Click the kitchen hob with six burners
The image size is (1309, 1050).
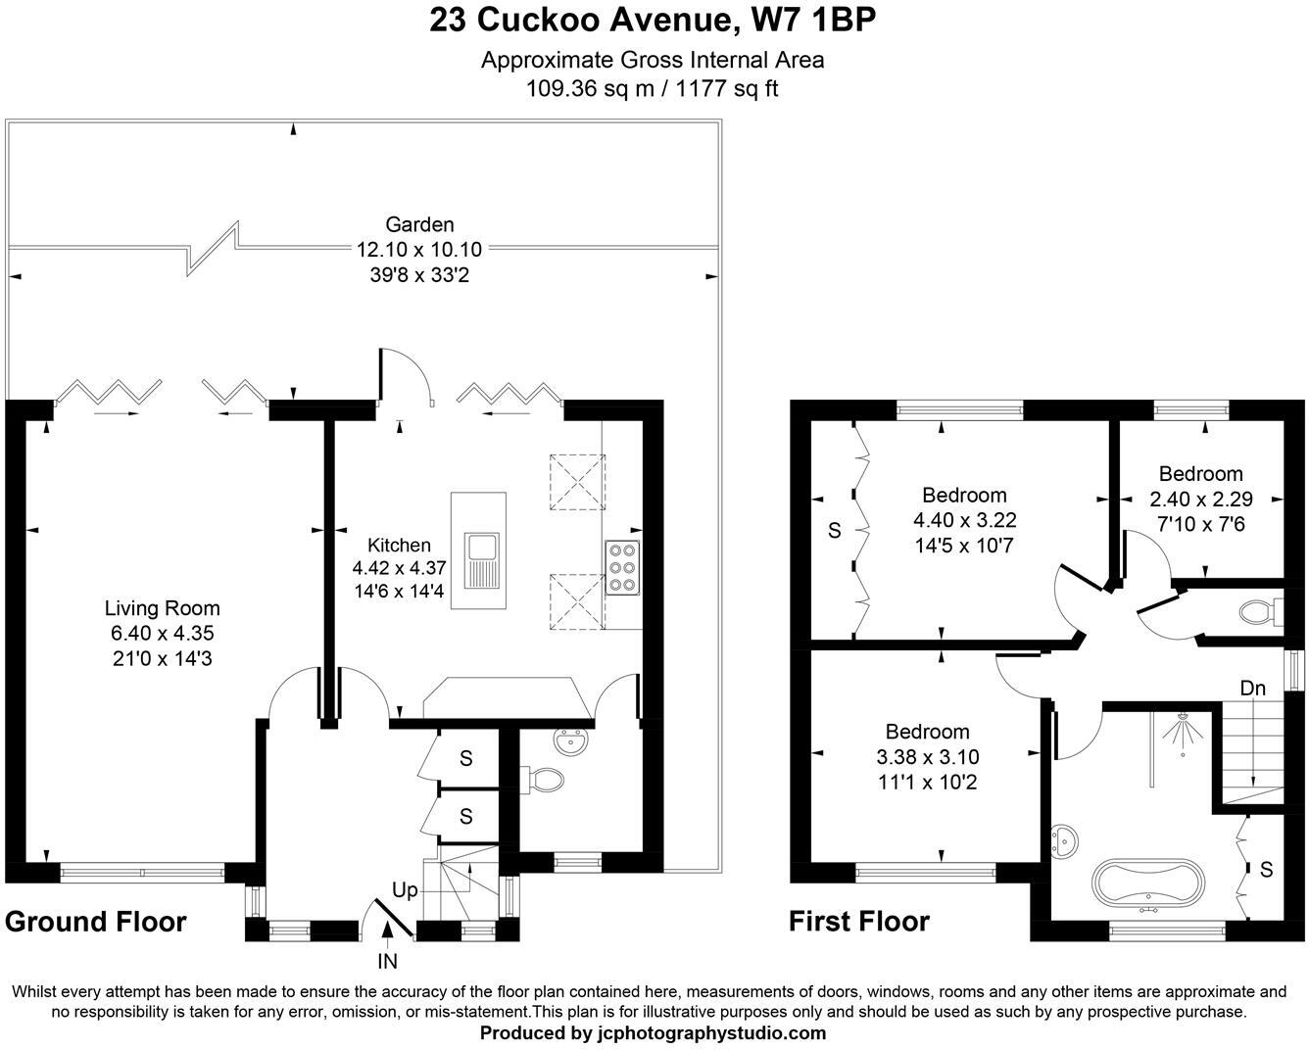[x=622, y=567]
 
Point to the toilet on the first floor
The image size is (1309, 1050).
[x=1256, y=613]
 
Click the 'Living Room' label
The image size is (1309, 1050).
[x=162, y=608]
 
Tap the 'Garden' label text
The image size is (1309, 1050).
[x=418, y=224]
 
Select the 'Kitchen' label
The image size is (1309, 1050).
[x=399, y=546]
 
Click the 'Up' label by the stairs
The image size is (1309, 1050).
[x=405, y=890]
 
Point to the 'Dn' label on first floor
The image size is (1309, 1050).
[x=1252, y=689]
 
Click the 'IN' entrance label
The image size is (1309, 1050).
[x=387, y=962]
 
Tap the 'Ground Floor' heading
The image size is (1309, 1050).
[x=95, y=922]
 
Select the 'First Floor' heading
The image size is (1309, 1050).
[x=858, y=922]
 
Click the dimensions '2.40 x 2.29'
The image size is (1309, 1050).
[x=1200, y=499]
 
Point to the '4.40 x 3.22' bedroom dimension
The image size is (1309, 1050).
[x=964, y=520]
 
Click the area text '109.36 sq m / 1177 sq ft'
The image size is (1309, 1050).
[x=652, y=89]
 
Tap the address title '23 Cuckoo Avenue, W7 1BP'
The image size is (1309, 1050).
[x=652, y=21]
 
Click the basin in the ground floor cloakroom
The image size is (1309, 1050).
[x=570, y=741]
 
